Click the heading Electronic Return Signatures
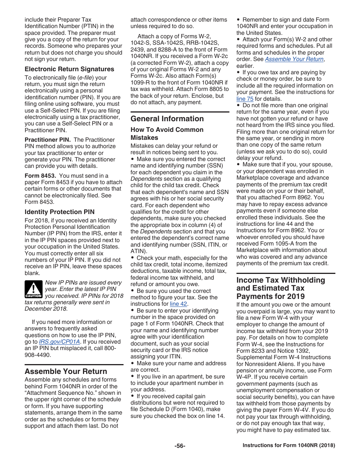69,69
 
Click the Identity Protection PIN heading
59,212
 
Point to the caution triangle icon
33,289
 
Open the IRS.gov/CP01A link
59,341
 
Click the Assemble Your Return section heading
66,371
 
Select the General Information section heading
167,119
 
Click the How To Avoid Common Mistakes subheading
167,133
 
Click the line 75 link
245,99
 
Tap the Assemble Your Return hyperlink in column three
294,59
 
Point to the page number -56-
180,446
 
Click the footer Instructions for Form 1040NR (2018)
289,446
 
